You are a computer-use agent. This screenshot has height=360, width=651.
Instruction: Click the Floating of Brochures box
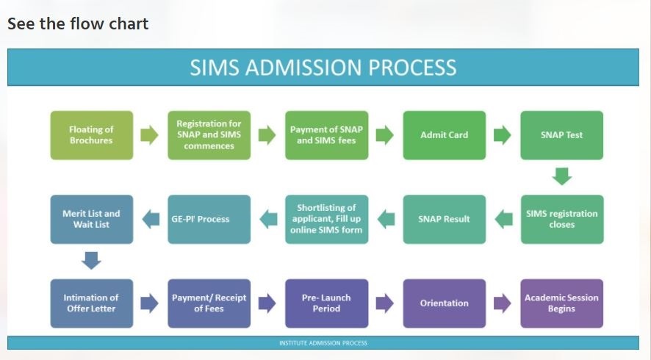point(92,135)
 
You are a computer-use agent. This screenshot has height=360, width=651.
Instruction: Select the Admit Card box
point(445,135)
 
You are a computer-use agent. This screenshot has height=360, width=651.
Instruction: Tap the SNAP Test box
point(562,135)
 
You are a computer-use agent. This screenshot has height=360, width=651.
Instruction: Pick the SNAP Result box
point(445,219)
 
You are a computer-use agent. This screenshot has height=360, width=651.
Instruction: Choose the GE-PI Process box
point(209,219)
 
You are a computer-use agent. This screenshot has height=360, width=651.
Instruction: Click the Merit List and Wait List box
point(92,219)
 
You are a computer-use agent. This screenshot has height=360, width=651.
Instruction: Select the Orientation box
point(445,303)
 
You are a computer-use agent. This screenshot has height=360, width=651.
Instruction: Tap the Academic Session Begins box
point(562,303)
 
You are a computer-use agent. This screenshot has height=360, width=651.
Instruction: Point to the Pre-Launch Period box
point(327,303)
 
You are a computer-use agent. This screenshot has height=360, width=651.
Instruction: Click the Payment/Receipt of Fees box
point(209,303)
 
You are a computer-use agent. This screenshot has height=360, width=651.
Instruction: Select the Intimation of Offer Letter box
point(92,303)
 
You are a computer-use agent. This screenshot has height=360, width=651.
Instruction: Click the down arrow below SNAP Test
point(562,176)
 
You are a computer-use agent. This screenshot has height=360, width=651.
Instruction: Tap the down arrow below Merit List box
point(91,260)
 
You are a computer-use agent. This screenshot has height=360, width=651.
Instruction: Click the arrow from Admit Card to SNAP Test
point(503,135)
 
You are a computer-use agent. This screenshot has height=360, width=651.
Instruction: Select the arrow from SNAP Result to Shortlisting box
point(386,219)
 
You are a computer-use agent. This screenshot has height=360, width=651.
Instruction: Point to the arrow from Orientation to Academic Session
point(503,303)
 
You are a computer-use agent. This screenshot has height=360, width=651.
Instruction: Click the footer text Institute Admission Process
point(323,343)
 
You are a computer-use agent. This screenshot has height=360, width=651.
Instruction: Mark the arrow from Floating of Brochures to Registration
point(149,135)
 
